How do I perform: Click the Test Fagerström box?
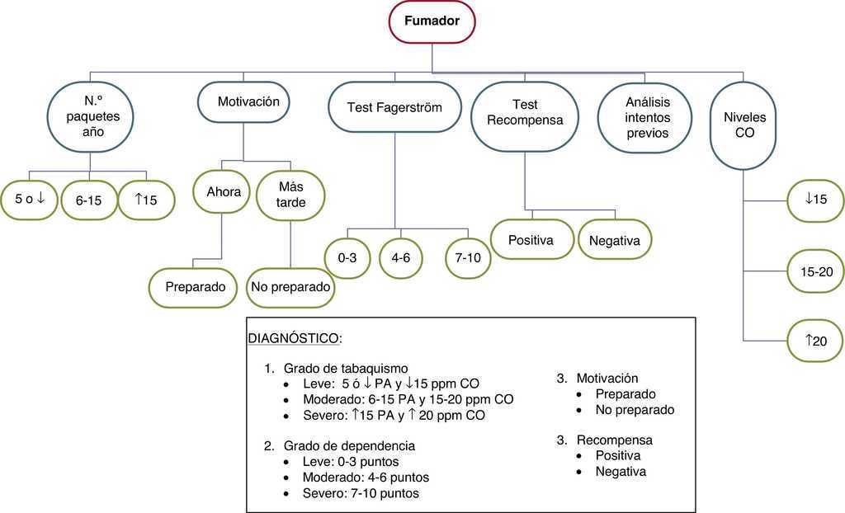point(395,107)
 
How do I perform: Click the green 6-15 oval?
point(88,200)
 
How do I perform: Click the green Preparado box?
point(196,288)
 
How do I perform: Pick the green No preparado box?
point(291,288)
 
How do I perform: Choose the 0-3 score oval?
point(347,257)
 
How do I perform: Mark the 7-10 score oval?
point(468,257)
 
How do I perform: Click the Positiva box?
point(531,240)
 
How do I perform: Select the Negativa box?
point(615,240)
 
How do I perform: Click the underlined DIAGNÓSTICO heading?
point(295,339)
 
